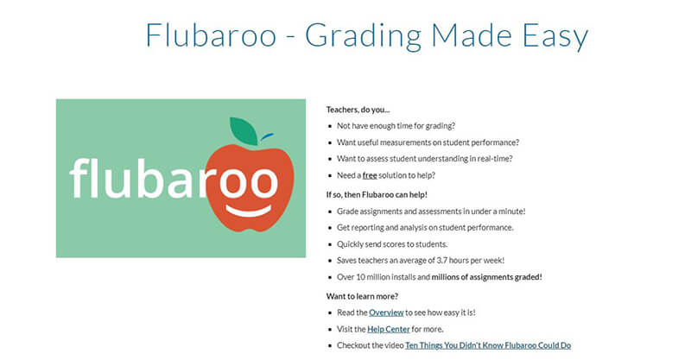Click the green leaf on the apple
[x=244, y=131]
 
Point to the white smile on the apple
[x=250, y=210]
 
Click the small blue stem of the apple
[x=267, y=136]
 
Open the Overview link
[x=386, y=313]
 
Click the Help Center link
[x=388, y=329]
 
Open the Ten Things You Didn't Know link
[x=488, y=345]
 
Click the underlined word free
[x=370, y=175]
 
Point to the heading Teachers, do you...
[x=358, y=110]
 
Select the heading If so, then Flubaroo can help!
[x=377, y=195]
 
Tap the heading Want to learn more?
[x=362, y=296]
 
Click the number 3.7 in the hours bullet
[x=442, y=261]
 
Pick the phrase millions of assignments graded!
[x=486, y=277]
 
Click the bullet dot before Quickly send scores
[x=330, y=244]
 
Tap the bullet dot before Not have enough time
[x=330, y=126]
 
